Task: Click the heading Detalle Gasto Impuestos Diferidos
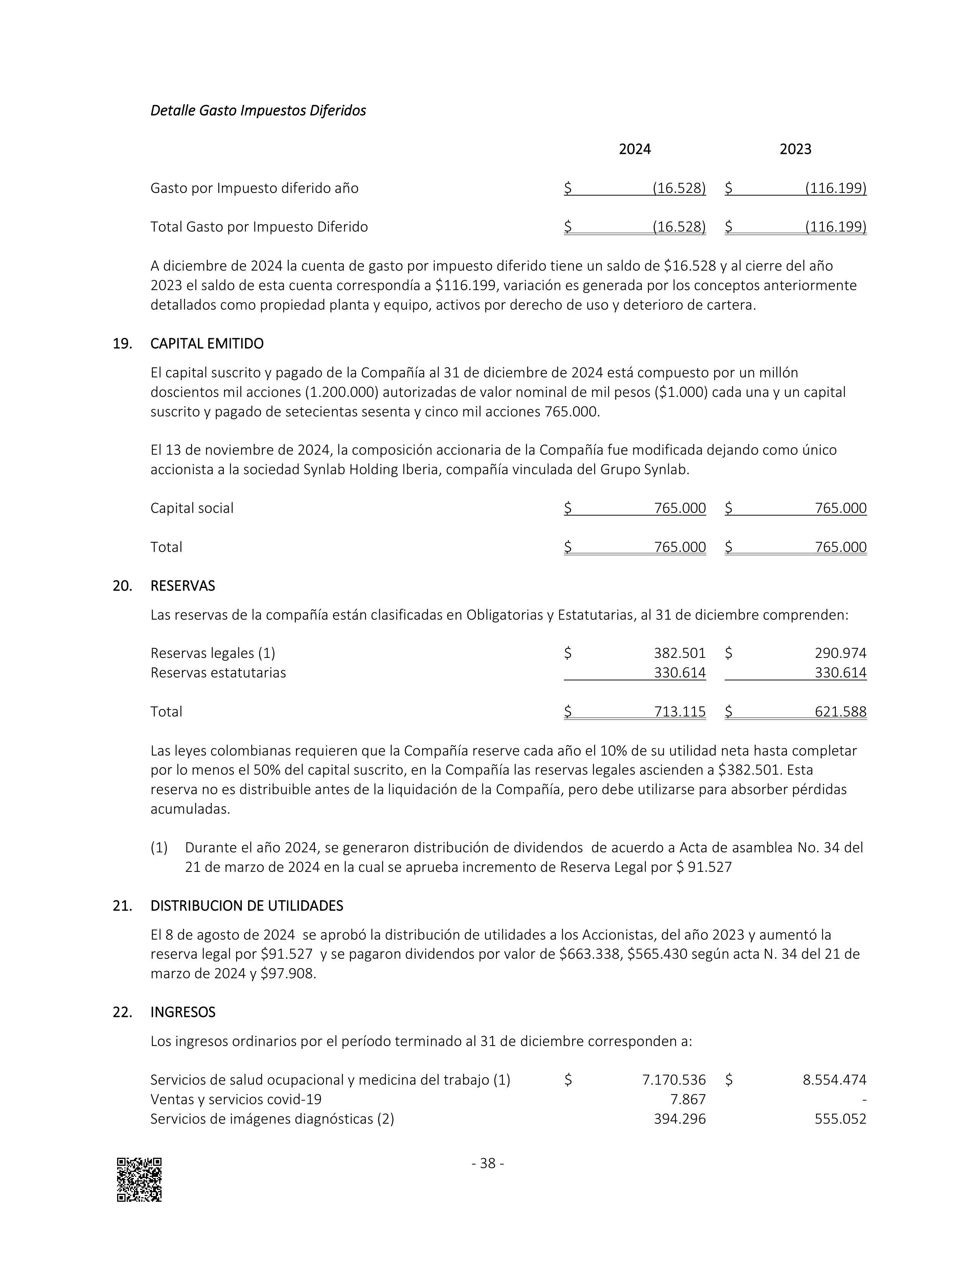tap(258, 111)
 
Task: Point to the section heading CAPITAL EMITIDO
tap(207, 344)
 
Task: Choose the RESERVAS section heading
tap(183, 586)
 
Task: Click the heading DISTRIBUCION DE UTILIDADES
tap(247, 906)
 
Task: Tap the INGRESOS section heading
tap(183, 1012)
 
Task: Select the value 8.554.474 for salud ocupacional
tap(834, 1080)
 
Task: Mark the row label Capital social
tap(192, 508)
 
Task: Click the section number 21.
tap(122, 906)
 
